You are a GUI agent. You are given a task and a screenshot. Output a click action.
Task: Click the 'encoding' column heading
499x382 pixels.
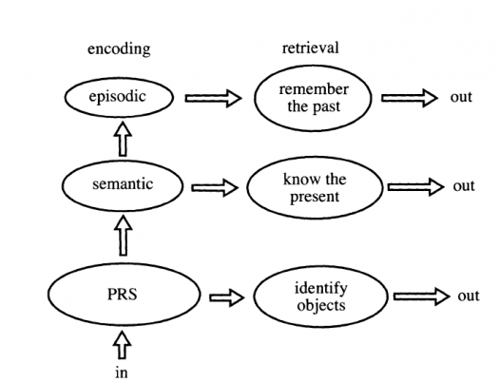pos(119,49)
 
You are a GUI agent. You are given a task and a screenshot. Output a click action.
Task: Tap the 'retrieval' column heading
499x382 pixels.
pos(310,48)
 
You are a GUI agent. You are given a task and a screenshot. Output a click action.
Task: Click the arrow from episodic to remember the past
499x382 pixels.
pos(213,98)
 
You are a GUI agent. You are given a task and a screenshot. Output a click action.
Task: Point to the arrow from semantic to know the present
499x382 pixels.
pos(215,187)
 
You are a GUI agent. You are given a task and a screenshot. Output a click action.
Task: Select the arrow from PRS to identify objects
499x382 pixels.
pos(227,297)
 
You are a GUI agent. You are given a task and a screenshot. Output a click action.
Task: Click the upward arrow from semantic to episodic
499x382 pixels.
pos(123,139)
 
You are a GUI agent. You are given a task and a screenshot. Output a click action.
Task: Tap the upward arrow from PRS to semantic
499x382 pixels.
pos(123,236)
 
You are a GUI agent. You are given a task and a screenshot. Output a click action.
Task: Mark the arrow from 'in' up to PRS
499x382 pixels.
pos(122,345)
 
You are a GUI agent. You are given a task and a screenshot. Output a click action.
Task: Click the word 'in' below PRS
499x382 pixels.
pos(122,372)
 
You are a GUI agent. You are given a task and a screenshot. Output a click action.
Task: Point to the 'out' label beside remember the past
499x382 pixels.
pos(461,97)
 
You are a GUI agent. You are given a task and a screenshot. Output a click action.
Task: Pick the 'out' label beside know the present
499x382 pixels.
pos(464,186)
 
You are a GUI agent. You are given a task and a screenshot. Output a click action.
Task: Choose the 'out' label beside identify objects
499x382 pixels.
pos(469,296)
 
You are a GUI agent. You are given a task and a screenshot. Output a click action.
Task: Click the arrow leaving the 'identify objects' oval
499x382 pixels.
pos(422,296)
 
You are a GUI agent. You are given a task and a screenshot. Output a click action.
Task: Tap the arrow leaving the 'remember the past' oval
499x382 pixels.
pos(410,98)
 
